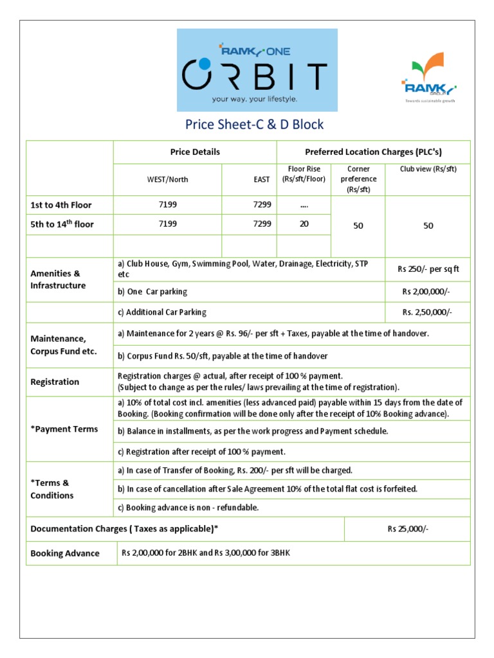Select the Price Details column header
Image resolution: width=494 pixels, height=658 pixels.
pos(195,152)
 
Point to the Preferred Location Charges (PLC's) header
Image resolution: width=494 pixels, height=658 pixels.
pos(373,152)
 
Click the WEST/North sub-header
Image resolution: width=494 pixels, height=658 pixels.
pos(167,179)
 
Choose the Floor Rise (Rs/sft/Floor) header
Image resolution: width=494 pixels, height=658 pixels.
pos(303,174)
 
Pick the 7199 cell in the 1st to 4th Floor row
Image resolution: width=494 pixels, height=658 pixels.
pos(167,205)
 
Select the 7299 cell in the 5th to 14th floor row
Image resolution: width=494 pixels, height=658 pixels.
pos(262,224)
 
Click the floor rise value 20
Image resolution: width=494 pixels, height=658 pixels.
pos(303,224)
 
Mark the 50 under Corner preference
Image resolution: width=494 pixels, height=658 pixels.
pos(358,226)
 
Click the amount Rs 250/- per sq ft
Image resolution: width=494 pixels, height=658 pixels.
pos(427,269)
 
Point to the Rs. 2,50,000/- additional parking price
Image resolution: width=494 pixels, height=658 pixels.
pos(427,312)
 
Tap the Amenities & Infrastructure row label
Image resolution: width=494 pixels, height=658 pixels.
pos(58,280)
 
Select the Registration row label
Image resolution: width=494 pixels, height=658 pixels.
pos(55,382)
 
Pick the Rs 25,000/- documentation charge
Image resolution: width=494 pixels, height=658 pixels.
pos(407,529)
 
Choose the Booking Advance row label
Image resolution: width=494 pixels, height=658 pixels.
pos(65,553)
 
